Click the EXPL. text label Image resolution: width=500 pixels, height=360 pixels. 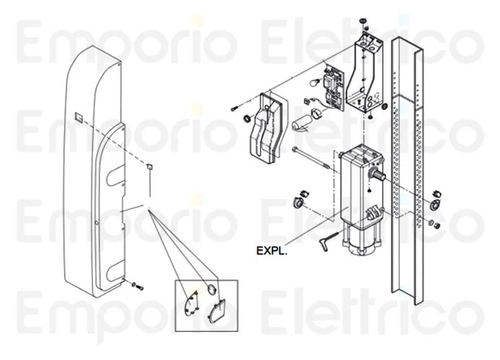(272, 251)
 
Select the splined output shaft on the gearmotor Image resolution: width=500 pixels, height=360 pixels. (378, 174)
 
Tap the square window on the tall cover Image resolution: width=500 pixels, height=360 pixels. (79, 117)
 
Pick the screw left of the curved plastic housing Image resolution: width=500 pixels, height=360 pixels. (234, 108)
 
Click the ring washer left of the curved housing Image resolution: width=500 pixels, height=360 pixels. (247, 119)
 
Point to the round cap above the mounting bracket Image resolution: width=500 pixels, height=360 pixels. (362, 21)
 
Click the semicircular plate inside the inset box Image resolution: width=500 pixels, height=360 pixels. (192, 303)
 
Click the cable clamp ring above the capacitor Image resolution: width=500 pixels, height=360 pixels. (316, 112)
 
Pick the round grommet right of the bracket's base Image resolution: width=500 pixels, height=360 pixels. (385, 105)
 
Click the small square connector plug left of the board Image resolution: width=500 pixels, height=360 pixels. (308, 102)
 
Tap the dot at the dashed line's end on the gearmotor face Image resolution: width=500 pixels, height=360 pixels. (369, 191)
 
